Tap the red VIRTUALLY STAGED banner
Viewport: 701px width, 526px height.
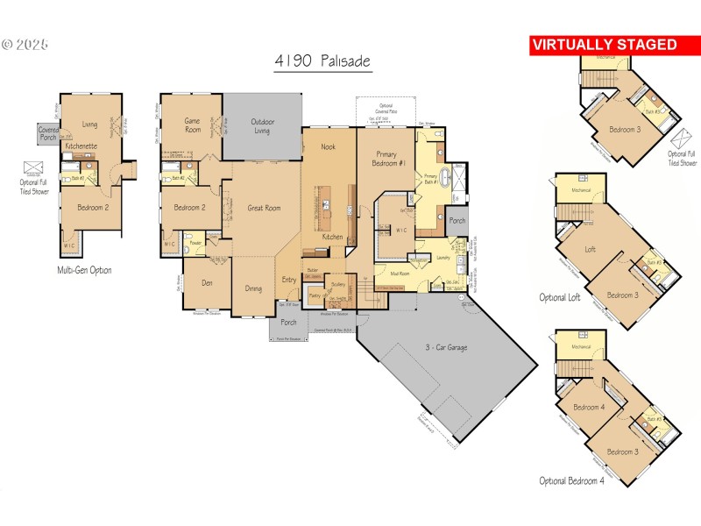pos(605,45)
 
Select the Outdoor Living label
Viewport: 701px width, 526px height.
pos(262,126)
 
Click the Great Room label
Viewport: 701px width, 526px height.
pos(264,208)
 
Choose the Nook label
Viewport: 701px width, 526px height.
pos(329,146)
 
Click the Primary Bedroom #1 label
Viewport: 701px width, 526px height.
pos(382,155)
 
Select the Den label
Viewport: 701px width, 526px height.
pos(207,282)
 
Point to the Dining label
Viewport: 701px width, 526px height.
pos(253,288)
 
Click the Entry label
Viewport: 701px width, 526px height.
pos(289,280)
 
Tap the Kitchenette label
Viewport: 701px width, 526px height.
pos(80,146)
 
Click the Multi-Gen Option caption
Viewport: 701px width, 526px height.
pos(84,270)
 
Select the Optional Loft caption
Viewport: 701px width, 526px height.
pos(560,297)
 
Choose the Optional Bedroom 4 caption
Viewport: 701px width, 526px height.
pos(572,480)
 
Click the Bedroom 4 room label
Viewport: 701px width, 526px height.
pos(589,407)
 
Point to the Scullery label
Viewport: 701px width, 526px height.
pos(337,285)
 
